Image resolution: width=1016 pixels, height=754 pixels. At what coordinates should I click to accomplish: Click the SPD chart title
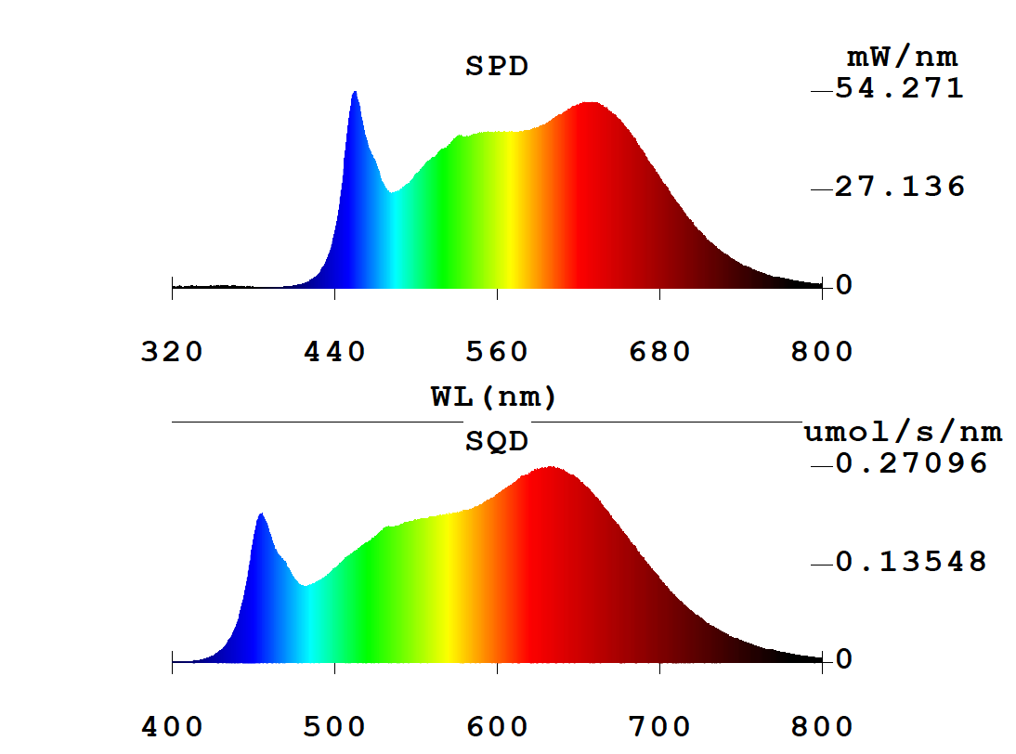coord(497,67)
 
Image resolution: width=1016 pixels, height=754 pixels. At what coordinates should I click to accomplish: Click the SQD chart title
coord(497,442)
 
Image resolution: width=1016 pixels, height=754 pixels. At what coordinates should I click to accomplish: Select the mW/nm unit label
coord(901,58)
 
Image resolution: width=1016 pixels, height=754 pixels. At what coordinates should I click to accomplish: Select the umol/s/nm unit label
coord(903,432)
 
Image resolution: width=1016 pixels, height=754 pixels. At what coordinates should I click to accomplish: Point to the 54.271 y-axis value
coord(900,89)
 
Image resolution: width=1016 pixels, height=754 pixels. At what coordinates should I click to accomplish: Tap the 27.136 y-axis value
coord(900,188)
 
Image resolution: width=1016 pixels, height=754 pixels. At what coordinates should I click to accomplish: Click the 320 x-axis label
coord(172,353)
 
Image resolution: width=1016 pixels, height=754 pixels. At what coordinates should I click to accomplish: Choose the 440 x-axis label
coord(334,353)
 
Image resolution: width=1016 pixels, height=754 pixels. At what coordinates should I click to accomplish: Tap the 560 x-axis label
coord(497,353)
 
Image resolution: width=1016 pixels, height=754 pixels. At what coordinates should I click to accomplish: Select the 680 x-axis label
coord(659,353)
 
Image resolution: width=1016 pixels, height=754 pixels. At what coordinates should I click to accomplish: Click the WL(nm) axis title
coord(493,398)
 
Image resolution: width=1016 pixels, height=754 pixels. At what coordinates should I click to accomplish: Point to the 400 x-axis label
coord(172,727)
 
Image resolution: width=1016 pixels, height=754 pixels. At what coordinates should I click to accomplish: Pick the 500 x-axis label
coord(334,727)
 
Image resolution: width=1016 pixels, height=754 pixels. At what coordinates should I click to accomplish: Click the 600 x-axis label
coord(497,727)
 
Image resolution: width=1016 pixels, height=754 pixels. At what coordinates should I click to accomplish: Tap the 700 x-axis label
coord(659,727)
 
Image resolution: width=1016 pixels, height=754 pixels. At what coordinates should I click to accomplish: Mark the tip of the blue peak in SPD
coord(354,92)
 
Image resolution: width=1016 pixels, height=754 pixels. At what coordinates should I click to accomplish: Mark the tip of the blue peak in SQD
coord(261,513)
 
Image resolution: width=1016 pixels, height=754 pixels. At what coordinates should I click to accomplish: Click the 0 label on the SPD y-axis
coord(844,286)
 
